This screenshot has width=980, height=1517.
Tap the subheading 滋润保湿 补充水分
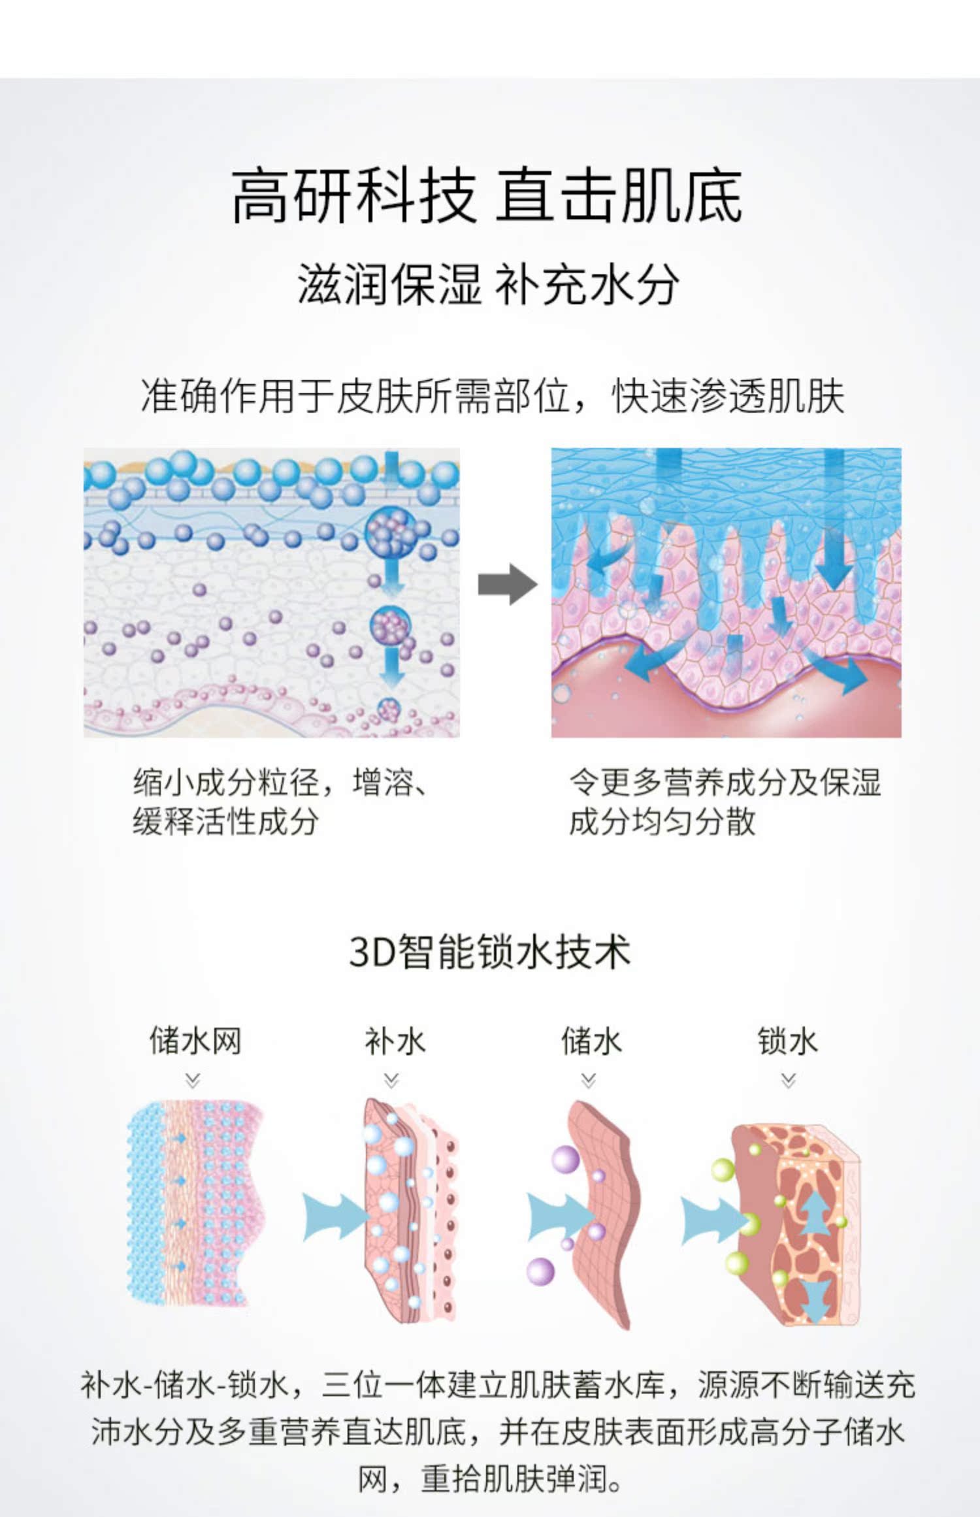[489, 285]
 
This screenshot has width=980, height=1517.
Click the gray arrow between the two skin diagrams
[507, 583]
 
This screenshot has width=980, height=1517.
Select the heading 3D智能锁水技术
[490, 951]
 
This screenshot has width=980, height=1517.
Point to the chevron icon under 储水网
[193, 1081]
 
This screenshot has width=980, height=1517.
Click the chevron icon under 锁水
[789, 1081]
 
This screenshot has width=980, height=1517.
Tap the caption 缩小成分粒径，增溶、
[281, 782]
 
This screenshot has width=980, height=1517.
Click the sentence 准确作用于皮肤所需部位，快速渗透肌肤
[493, 396]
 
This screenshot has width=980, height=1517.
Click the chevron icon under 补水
[391, 1081]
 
